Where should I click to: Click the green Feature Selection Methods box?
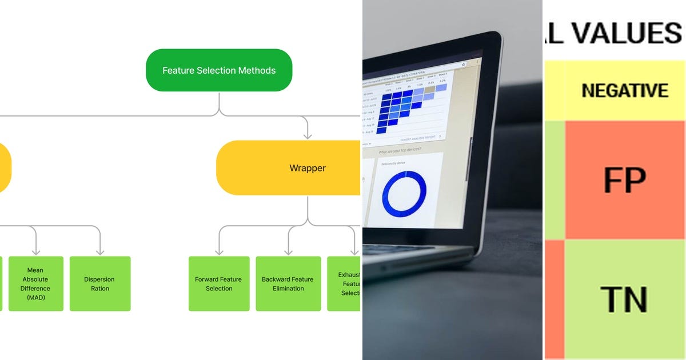pyautogui.click(x=219, y=70)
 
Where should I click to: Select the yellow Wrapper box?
pyautogui.click(x=289, y=168)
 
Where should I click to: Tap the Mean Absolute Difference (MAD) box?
pyautogui.click(x=35, y=283)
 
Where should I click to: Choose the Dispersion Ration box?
pyautogui.click(x=100, y=283)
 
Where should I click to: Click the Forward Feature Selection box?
pyautogui.click(x=219, y=283)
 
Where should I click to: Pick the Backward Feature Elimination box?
pyautogui.click(x=288, y=283)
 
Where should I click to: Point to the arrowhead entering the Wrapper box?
pyautogui.click(x=308, y=136)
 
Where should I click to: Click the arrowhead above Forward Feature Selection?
pyautogui.click(x=219, y=251)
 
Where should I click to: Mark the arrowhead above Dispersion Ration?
pyautogui.click(x=100, y=251)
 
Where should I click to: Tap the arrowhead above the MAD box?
pyautogui.click(x=35, y=251)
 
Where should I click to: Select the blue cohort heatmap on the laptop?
pyautogui.click(x=400, y=106)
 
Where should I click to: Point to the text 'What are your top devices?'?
pyautogui.click(x=400, y=150)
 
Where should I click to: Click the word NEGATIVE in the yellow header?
pyautogui.click(x=625, y=90)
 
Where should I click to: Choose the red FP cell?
pyautogui.click(x=625, y=179)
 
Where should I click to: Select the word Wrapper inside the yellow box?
pyautogui.click(x=308, y=168)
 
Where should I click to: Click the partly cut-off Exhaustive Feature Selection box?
pyautogui.click(x=344, y=283)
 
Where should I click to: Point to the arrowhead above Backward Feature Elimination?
pyautogui.click(x=288, y=251)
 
